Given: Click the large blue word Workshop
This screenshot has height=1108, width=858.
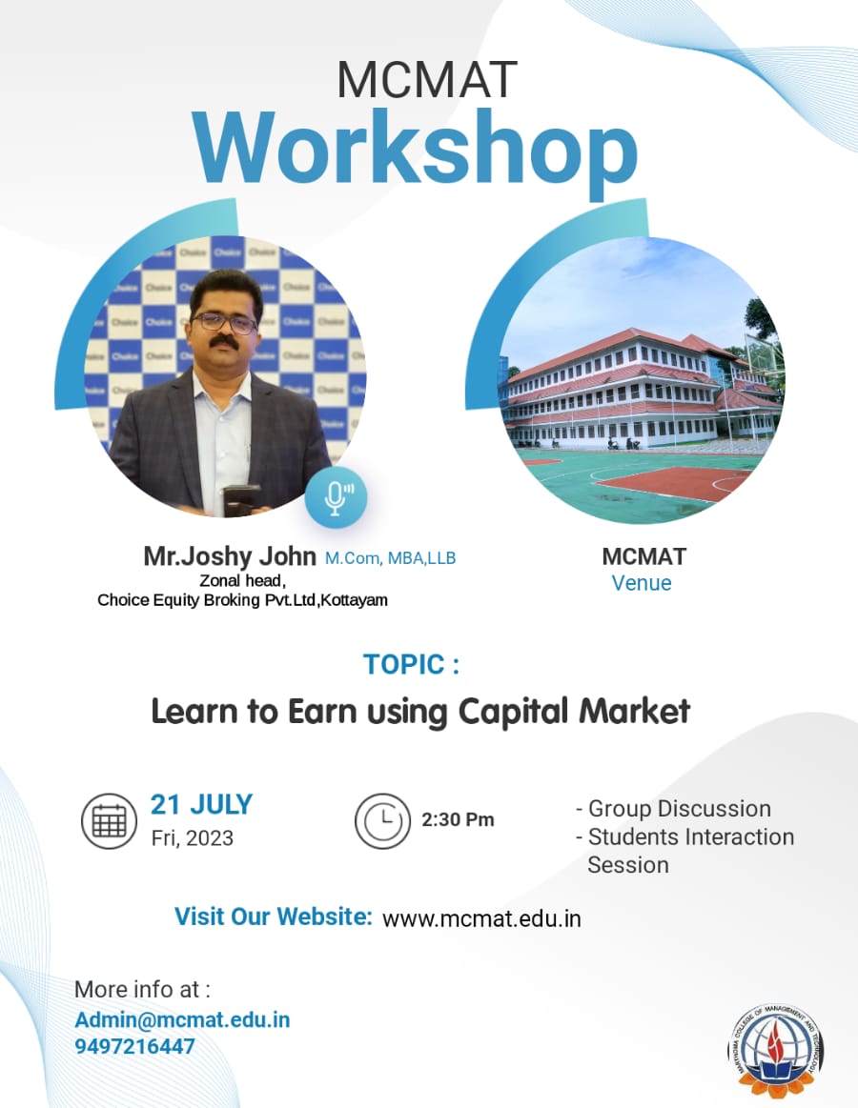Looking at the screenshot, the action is tap(416, 151).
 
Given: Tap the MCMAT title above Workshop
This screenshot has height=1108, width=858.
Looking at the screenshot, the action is tap(427, 80).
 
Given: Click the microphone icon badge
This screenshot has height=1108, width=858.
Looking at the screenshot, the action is tap(336, 497).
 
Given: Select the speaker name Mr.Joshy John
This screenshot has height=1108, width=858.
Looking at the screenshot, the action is tap(229, 556).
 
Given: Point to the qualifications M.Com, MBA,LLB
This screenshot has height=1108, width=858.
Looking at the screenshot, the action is tap(391, 558).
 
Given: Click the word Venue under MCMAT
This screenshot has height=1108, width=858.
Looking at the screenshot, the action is tap(642, 583).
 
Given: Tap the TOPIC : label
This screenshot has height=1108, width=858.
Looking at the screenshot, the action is tap(411, 664).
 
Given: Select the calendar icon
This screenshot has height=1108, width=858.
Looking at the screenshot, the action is tap(109, 821).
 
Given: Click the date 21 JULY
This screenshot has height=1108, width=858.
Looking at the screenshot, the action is tap(201, 805).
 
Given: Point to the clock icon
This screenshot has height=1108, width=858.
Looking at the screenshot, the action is tap(382, 821).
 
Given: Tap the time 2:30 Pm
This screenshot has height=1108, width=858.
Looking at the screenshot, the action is tap(458, 819).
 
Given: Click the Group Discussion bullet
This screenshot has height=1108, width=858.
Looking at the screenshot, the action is tap(673, 809).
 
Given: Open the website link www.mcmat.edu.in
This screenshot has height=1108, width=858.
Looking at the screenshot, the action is tap(481, 918).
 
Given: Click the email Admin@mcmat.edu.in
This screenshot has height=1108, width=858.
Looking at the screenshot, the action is tap(182, 1019).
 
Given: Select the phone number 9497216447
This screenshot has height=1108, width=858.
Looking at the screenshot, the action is tap(134, 1046).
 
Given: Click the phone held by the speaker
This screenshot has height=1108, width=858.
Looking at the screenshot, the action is tap(241, 501).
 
